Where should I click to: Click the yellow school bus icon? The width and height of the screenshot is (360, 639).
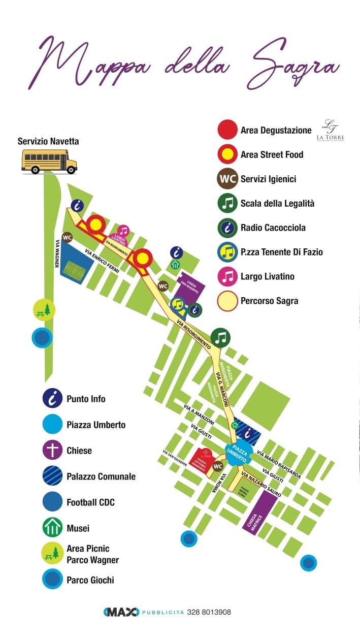pyautogui.click(x=49, y=161)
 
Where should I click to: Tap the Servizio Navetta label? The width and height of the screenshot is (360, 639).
pyautogui.click(x=48, y=141)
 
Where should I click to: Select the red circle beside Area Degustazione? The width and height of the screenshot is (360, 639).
pyautogui.click(x=227, y=130)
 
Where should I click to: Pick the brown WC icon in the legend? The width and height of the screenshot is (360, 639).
pyautogui.click(x=227, y=179)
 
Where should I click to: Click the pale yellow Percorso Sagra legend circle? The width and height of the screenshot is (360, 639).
pyautogui.click(x=227, y=301)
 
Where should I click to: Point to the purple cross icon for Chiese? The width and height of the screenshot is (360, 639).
pyautogui.click(x=52, y=451)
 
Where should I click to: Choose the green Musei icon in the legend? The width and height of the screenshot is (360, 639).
pyautogui.click(x=52, y=528)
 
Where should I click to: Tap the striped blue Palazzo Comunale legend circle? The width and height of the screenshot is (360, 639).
pyautogui.click(x=52, y=476)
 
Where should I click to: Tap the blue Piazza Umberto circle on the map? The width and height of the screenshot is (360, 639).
pyautogui.click(x=236, y=452)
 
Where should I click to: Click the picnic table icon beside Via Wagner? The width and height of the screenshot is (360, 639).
pyautogui.click(x=44, y=309)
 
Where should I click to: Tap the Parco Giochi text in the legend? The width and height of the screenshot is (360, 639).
pyautogui.click(x=90, y=580)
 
